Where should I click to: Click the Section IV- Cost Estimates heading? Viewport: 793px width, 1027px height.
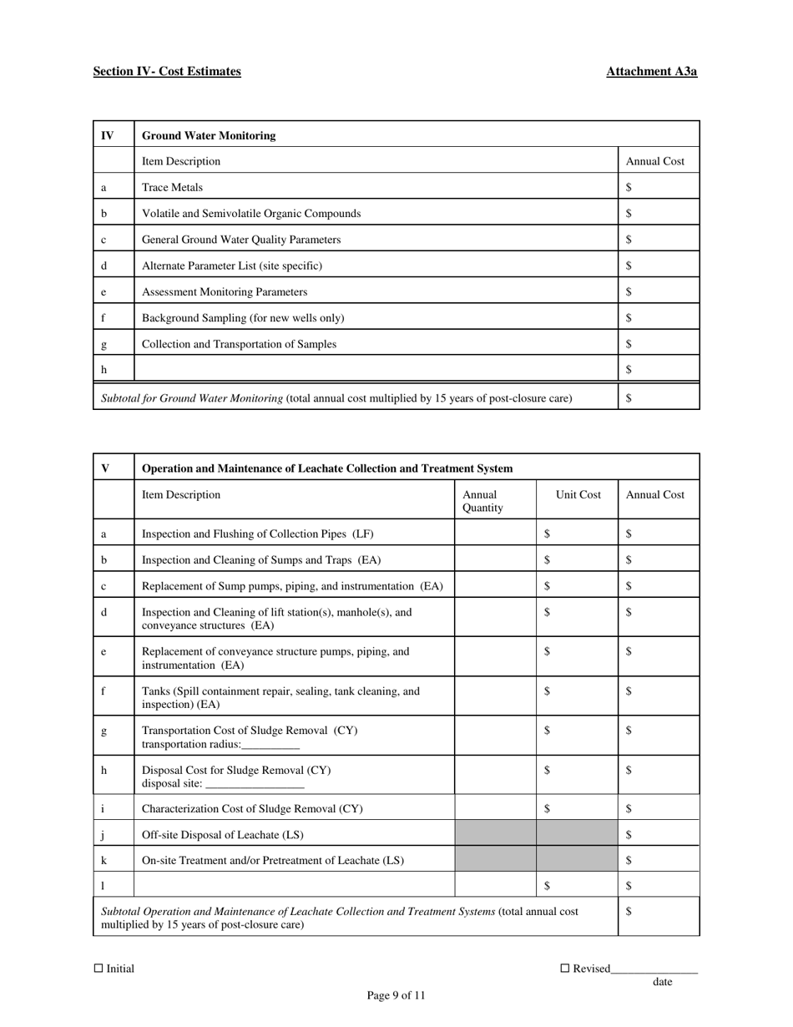coord(167,72)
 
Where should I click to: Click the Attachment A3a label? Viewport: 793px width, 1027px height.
coord(651,72)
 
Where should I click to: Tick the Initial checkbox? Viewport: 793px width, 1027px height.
coord(98,969)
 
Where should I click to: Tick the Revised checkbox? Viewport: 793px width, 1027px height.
coord(564,969)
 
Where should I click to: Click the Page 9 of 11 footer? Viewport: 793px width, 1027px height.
coord(396,995)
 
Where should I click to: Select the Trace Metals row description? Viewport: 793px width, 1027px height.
coord(173,188)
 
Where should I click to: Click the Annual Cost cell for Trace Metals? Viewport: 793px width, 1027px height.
coord(659,188)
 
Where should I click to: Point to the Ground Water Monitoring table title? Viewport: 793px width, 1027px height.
coord(209,135)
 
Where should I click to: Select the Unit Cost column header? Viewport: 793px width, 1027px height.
coord(578,495)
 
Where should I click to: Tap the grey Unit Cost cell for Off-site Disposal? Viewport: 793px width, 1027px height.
coord(577,834)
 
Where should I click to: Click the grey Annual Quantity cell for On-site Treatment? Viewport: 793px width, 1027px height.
coord(496,860)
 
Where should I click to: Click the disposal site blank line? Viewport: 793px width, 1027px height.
coord(255,785)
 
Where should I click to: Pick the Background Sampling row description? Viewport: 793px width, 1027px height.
coord(243,318)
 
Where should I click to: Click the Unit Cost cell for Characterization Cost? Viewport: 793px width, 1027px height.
coord(577,808)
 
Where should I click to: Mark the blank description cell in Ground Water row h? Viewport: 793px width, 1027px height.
coord(376,369)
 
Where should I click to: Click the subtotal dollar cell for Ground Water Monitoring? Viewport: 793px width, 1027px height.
coord(659,398)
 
